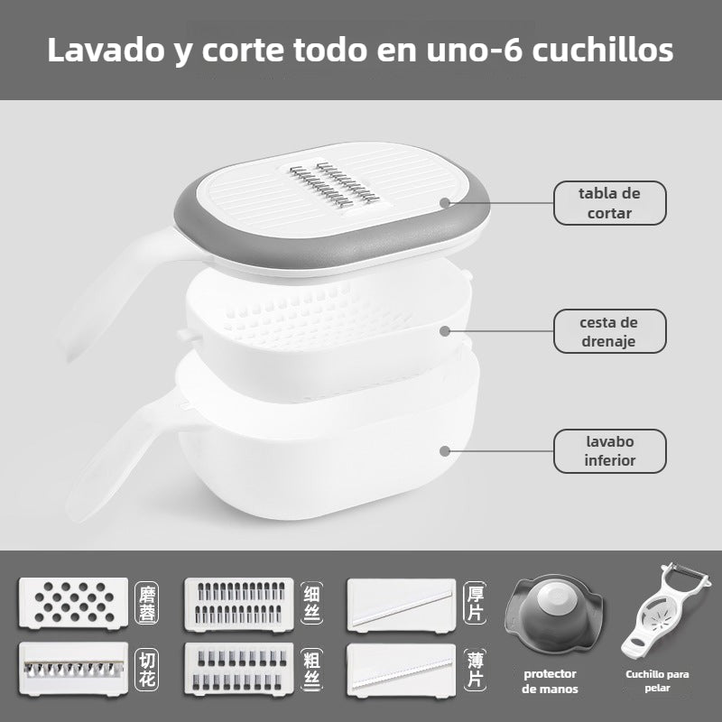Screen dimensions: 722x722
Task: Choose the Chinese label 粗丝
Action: coord(310,669)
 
